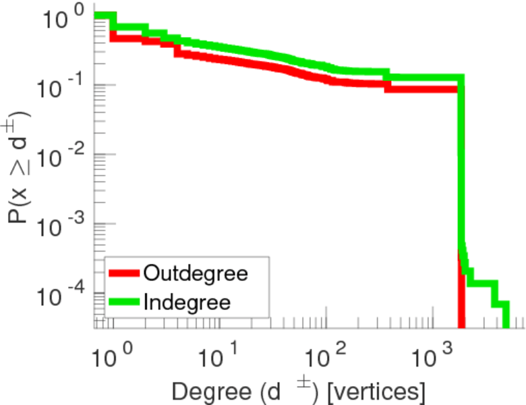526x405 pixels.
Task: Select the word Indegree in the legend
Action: pyautogui.click(x=185, y=302)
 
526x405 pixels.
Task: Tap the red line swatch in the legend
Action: pyautogui.click(x=124, y=273)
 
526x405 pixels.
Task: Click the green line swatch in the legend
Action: pyautogui.click(x=124, y=302)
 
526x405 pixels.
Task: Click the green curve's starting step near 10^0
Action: pyautogui.click(x=103, y=16)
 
